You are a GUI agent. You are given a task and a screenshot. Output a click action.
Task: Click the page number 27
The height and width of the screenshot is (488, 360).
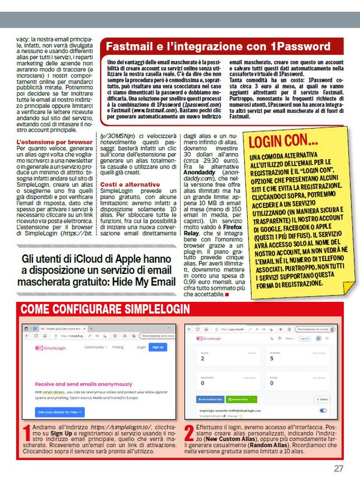click(x=338, y=468)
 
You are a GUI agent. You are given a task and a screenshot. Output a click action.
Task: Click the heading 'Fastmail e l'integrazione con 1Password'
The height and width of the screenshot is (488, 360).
click(x=218, y=46)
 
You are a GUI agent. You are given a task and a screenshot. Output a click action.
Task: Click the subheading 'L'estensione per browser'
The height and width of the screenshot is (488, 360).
click(x=54, y=142)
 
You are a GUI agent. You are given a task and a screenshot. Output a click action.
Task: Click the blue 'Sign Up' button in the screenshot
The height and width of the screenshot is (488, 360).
click(x=157, y=347)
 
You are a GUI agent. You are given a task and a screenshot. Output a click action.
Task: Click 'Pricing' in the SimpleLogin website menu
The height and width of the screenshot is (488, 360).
click(x=117, y=347)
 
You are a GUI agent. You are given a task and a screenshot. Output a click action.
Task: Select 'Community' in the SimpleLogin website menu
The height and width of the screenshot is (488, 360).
click(x=95, y=347)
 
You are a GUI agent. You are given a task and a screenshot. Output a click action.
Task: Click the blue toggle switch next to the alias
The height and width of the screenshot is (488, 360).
click(x=323, y=411)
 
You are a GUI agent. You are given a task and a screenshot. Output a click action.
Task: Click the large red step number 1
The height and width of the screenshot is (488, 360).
click(x=26, y=433)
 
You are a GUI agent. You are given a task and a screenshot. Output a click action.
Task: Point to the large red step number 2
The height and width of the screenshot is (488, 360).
click(x=189, y=433)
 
